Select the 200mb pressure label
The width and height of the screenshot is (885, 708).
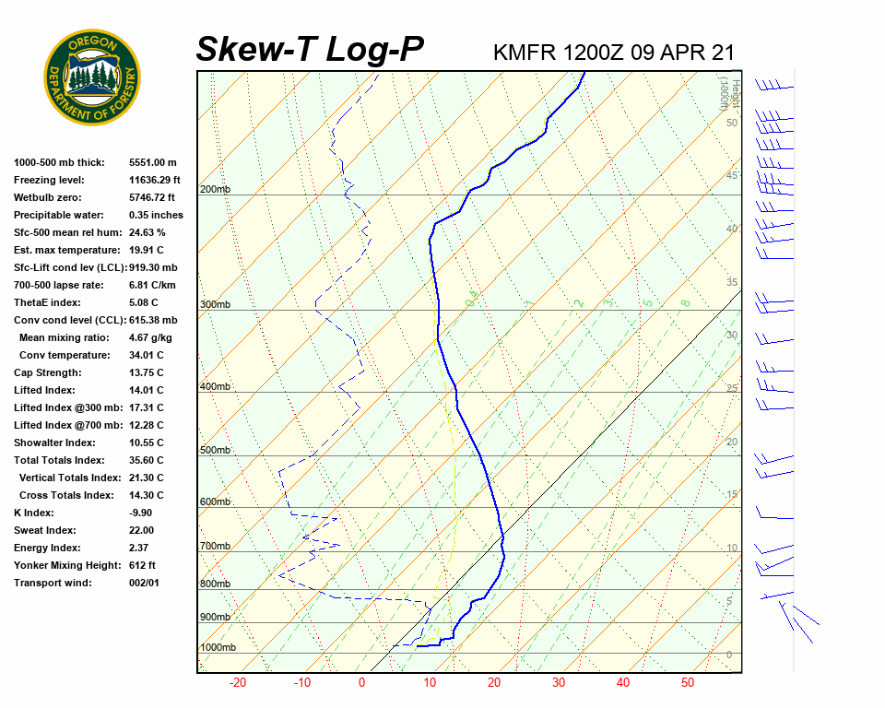[x=215, y=190]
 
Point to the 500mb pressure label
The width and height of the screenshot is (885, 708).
[x=215, y=451]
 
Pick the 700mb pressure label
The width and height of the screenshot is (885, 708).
[x=215, y=547]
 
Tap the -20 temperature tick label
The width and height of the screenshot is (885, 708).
[x=238, y=683]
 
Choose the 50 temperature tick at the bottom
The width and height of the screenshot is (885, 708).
[x=688, y=683]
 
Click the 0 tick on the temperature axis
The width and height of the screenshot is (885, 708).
[x=361, y=683]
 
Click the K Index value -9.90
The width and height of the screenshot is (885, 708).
[x=143, y=513]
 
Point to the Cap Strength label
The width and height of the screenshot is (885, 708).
[x=47, y=372]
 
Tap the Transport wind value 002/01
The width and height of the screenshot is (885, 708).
[x=145, y=583]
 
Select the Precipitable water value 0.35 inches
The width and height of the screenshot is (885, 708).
[x=156, y=215]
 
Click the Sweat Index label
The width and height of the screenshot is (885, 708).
[x=44, y=530]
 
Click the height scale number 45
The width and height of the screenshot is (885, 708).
[x=732, y=175]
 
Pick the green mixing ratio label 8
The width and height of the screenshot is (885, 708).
[x=685, y=302]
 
